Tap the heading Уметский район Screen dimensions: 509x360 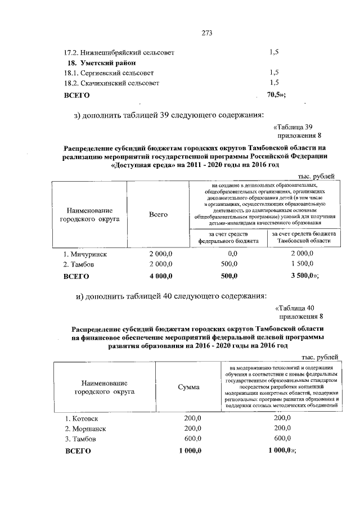tap(103, 62)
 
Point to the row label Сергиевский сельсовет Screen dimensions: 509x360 tap(109, 73)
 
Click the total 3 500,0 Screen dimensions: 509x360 tap(302, 276)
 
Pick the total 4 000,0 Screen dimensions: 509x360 tap(160, 276)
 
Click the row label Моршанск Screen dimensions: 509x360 tap(84, 429)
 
